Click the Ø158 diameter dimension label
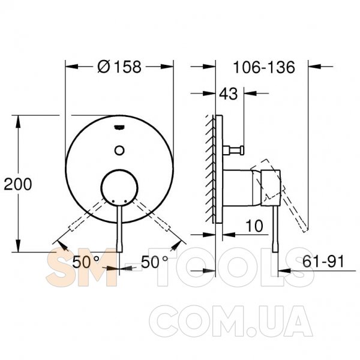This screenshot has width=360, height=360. click(119, 67)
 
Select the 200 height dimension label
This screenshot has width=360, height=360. click(17, 184)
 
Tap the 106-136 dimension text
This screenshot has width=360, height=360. click(264, 67)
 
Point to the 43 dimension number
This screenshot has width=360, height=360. click(228, 94)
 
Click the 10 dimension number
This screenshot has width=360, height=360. click(254, 226)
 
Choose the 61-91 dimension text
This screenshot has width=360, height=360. click(323, 261)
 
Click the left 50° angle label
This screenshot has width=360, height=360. click(86, 262)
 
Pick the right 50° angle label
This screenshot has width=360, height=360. click(155, 262)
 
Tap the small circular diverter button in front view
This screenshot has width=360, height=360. click(119, 151)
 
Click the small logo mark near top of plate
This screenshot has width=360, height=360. click(119, 127)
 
